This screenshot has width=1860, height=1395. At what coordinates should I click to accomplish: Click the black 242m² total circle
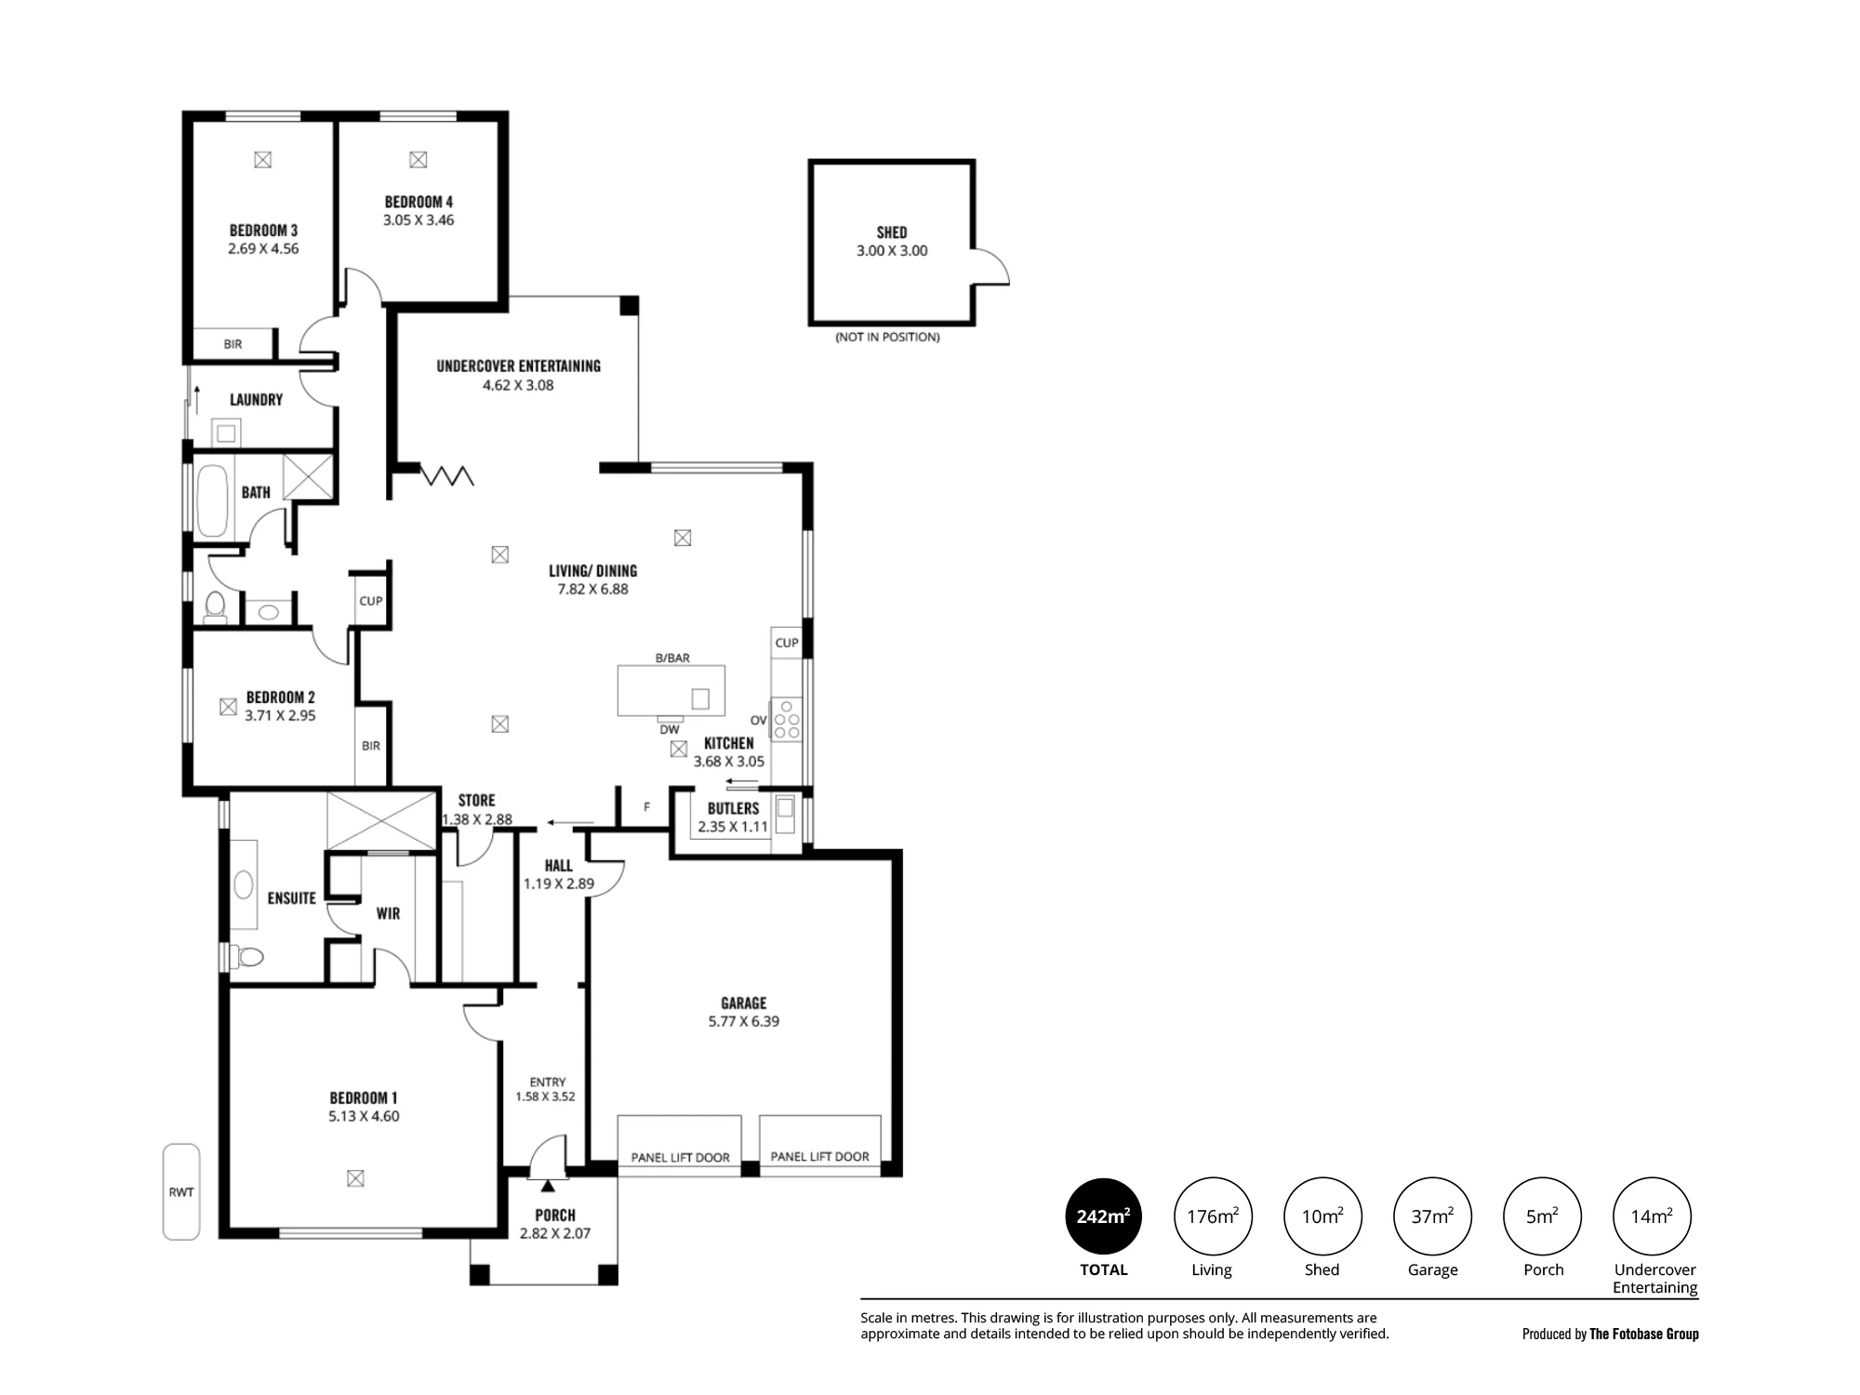click(1104, 1216)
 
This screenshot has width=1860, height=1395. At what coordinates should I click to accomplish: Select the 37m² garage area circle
click(1432, 1216)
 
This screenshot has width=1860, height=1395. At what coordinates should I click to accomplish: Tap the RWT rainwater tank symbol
click(181, 1191)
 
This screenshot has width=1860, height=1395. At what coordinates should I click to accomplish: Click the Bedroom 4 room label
click(418, 202)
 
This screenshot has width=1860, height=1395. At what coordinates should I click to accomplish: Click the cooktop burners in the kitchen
click(787, 719)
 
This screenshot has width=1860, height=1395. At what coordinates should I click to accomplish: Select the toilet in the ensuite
click(246, 955)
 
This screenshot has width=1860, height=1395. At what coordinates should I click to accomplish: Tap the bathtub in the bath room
click(212, 500)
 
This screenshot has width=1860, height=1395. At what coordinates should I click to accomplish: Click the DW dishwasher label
click(670, 730)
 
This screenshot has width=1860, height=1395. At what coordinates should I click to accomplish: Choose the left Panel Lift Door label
click(680, 1158)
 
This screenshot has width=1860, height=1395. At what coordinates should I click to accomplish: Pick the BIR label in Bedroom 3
click(232, 344)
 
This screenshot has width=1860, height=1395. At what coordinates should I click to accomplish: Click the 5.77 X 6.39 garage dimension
click(743, 1021)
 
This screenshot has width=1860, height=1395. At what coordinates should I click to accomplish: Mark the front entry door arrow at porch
click(547, 1185)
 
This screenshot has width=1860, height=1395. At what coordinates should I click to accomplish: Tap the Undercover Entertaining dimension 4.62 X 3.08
click(518, 385)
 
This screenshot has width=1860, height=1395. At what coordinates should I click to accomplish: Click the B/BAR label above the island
click(672, 658)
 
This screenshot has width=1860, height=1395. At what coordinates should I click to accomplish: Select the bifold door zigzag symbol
click(448, 475)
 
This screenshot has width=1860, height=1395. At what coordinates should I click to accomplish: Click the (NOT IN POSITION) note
click(887, 338)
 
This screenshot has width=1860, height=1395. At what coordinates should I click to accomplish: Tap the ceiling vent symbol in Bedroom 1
click(355, 1178)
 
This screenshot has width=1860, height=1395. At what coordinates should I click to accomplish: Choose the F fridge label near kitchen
click(647, 807)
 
